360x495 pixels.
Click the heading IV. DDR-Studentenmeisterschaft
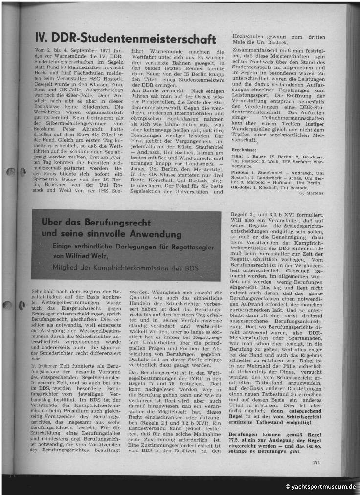(x=126, y=38)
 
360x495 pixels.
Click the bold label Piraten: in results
(x=239, y=173)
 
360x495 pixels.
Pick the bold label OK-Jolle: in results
(x=241, y=187)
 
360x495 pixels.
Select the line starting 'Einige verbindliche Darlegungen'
(x=134, y=247)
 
